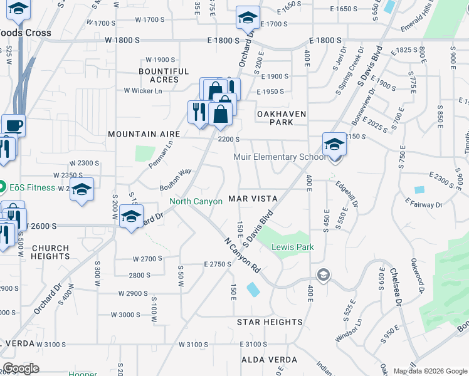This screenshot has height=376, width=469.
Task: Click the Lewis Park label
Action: (292, 247)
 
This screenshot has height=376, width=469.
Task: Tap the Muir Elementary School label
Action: (280, 157)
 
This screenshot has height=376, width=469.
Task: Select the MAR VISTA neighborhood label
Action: (253, 198)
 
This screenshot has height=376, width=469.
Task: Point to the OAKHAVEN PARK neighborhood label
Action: (283, 118)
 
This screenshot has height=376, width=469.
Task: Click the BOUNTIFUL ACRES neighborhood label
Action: (164, 76)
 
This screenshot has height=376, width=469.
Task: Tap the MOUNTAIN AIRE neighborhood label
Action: (144, 134)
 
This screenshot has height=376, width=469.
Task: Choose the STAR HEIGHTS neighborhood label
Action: (270, 322)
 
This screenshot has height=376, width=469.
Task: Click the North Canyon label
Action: (196, 201)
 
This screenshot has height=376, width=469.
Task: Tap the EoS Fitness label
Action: (28, 186)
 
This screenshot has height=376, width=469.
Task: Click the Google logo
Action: (21, 368)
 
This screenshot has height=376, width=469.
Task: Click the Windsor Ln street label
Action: (349, 330)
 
